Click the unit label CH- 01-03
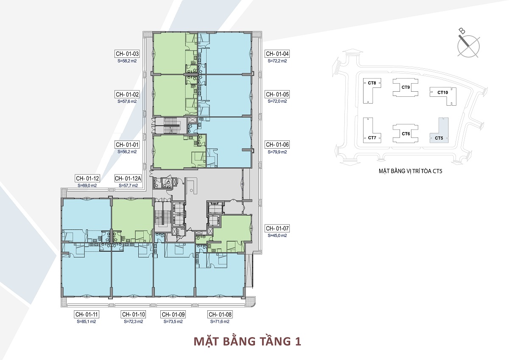(x=127, y=54)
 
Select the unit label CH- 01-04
(x=277, y=54)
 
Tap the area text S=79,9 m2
(x=277, y=152)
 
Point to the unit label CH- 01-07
(x=277, y=228)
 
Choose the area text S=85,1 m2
(x=87, y=321)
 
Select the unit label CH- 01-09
(x=173, y=315)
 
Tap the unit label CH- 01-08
(x=220, y=315)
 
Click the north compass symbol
(x=468, y=45)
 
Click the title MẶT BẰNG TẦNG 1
(x=247, y=342)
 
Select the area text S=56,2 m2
(x=127, y=152)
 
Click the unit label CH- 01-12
(x=87, y=178)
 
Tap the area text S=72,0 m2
(x=277, y=101)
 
